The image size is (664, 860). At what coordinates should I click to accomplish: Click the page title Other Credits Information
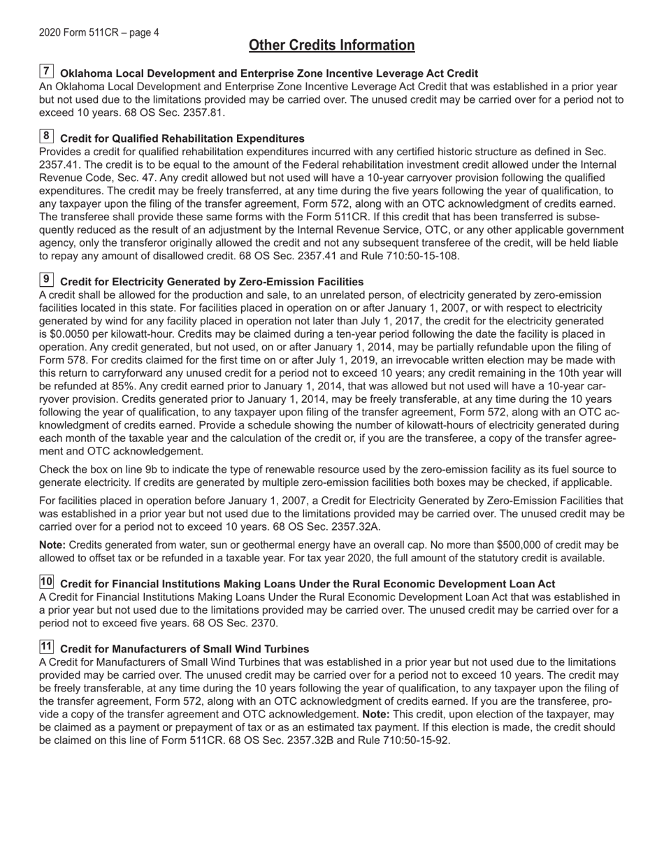pyautogui.click(x=331, y=45)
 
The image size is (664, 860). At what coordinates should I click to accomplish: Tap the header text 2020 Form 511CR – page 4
pyautogui.click(x=99, y=32)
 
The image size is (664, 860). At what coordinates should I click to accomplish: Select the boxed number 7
pyautogui.click(x=46, y=71)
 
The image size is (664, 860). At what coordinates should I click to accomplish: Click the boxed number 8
pyautogui.click(x=46, y=136)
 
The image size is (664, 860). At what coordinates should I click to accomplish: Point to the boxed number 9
pyautogui.click(x=46, y=280)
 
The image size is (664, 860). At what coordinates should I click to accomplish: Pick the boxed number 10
pyautogui.click(x=46, y=582)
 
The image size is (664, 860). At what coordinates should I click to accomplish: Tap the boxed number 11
pyautogui.click(x=46, y=647)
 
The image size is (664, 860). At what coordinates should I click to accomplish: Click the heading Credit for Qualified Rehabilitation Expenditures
pyautogui.click(x=182, y=138)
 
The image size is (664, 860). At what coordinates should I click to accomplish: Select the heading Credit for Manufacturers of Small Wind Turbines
pyautogui.click(x=185, y=649)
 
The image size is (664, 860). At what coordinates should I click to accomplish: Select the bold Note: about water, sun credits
pyautogui.click(x=52, y=545)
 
